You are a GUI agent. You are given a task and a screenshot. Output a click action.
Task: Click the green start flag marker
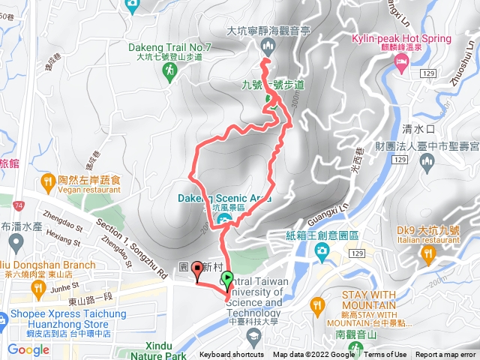pos(227,280)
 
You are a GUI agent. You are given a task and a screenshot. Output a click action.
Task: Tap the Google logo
pos(28,349)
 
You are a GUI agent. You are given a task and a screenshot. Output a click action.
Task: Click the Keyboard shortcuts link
pos(232,355)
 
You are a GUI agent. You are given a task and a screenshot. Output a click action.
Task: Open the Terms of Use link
pos(385,355)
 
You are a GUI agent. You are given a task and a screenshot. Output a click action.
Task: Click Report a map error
pos(446,355)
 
